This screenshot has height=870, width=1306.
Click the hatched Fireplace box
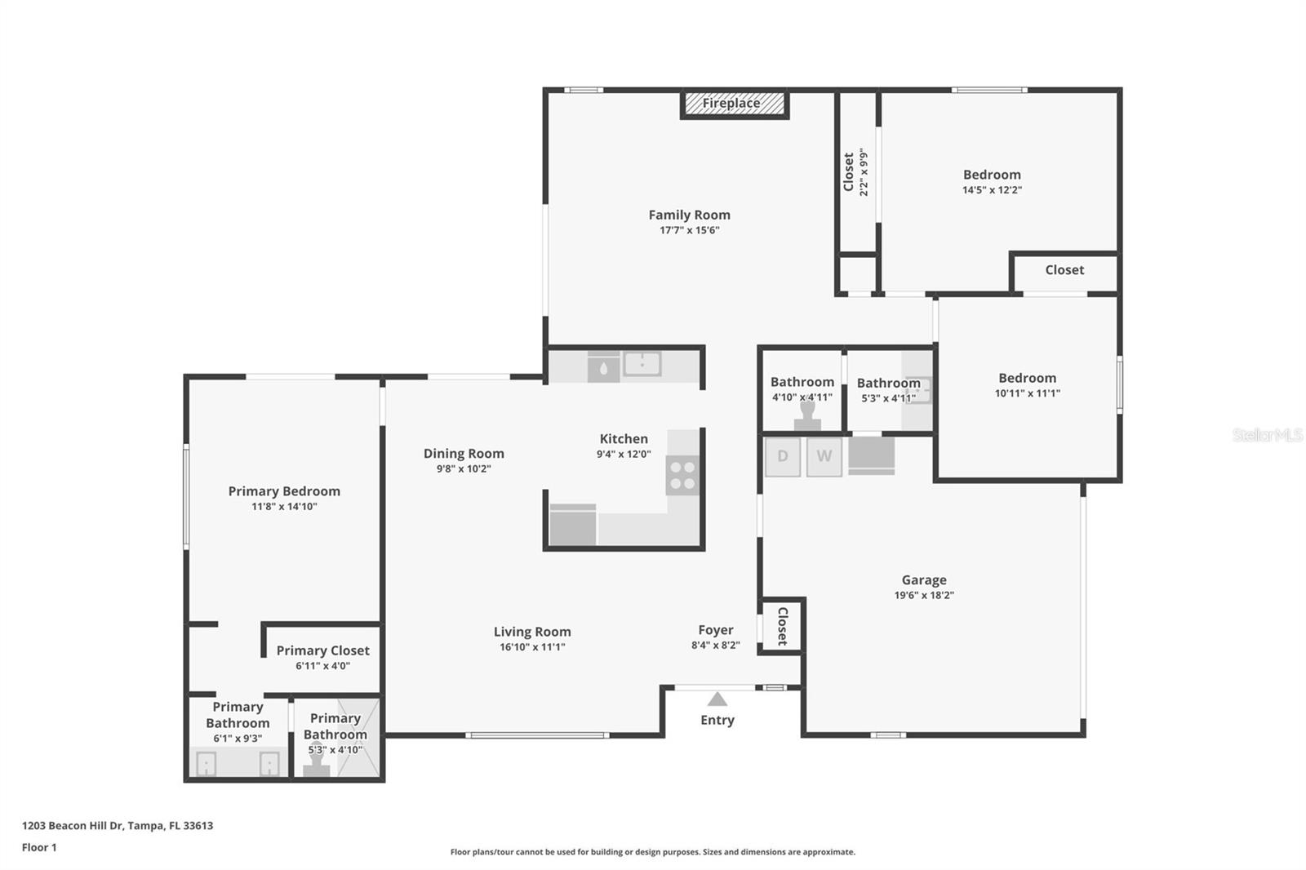(x=733, y=104)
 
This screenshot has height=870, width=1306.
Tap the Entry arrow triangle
(x=717, y=699)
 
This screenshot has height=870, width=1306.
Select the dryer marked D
(x=782, y=456)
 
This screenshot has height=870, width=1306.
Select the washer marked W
(x=824, y=456)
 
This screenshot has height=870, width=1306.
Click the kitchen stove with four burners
(x=683, y=475)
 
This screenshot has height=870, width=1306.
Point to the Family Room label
(x=689, y=215)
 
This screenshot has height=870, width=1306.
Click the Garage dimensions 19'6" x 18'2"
(x=923, y=595)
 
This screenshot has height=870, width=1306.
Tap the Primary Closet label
(x=322, y=650)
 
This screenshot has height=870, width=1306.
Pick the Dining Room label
(x=464, y=454)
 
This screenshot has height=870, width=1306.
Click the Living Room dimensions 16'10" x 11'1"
(x=532, y=647)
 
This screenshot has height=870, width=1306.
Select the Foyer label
(x=715, y=630)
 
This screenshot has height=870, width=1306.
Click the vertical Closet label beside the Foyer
(x=782, y=626)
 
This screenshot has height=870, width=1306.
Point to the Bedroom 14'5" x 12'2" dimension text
(x=992, y=190)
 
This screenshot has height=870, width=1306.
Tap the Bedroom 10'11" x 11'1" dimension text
(x=1027, y=393)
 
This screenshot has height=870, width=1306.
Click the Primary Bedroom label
(x=284, y=491)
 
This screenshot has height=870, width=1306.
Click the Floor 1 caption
(x=39, y=847)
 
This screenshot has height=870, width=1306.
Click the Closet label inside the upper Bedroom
(x=1064, y=270)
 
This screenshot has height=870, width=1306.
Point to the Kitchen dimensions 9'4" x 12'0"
(x=624, y=455)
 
